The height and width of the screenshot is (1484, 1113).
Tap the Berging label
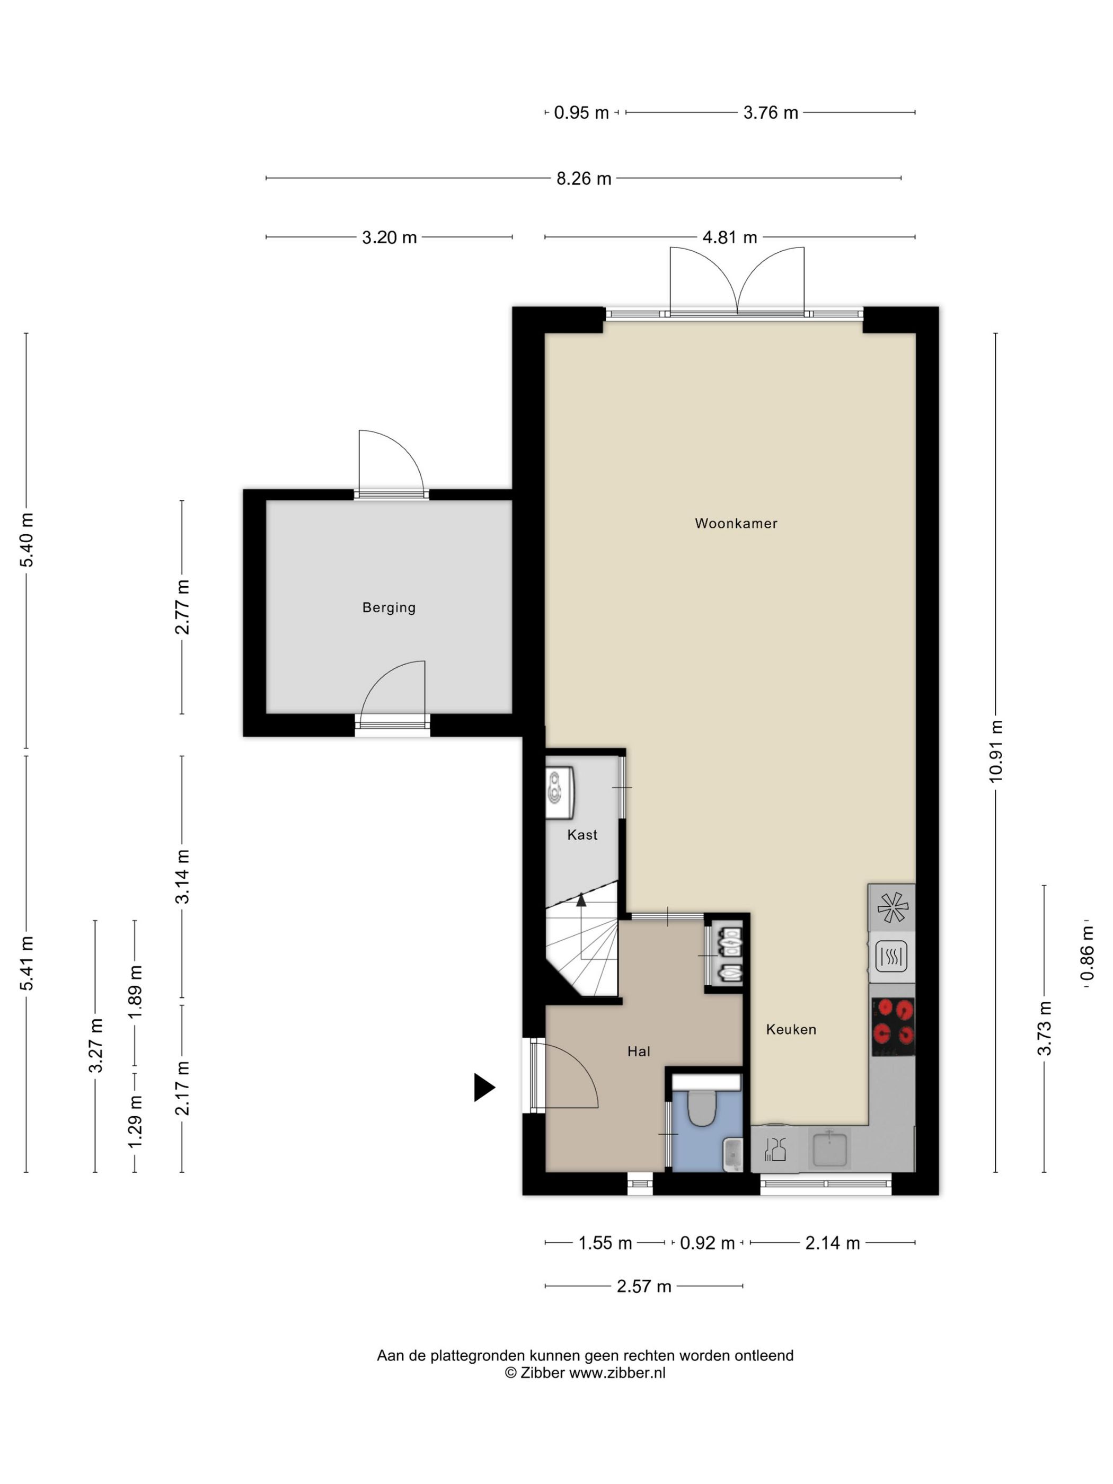click(x=388, y=608)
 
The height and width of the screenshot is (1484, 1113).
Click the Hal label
click(x=639, y=1052)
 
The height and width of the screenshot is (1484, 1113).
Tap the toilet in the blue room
click(x=702, y=1108)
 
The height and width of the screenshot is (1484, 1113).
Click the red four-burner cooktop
click(x=893, y=1027)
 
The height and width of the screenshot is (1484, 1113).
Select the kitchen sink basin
click(x=831, y=1148)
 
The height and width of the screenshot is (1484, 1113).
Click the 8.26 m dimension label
click(x=584, y=179)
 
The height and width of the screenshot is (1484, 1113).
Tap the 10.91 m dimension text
click(x=995, y=752)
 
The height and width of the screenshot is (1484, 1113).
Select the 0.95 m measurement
click(x=581, y=113)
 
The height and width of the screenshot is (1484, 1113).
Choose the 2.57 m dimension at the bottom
click(x=644, y=1286)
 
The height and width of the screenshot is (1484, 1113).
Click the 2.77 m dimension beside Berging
click(x=182, y=607)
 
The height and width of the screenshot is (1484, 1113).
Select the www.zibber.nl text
click(x=617, y=1373)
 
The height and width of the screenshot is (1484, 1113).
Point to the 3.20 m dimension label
click(x=389, y=237)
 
